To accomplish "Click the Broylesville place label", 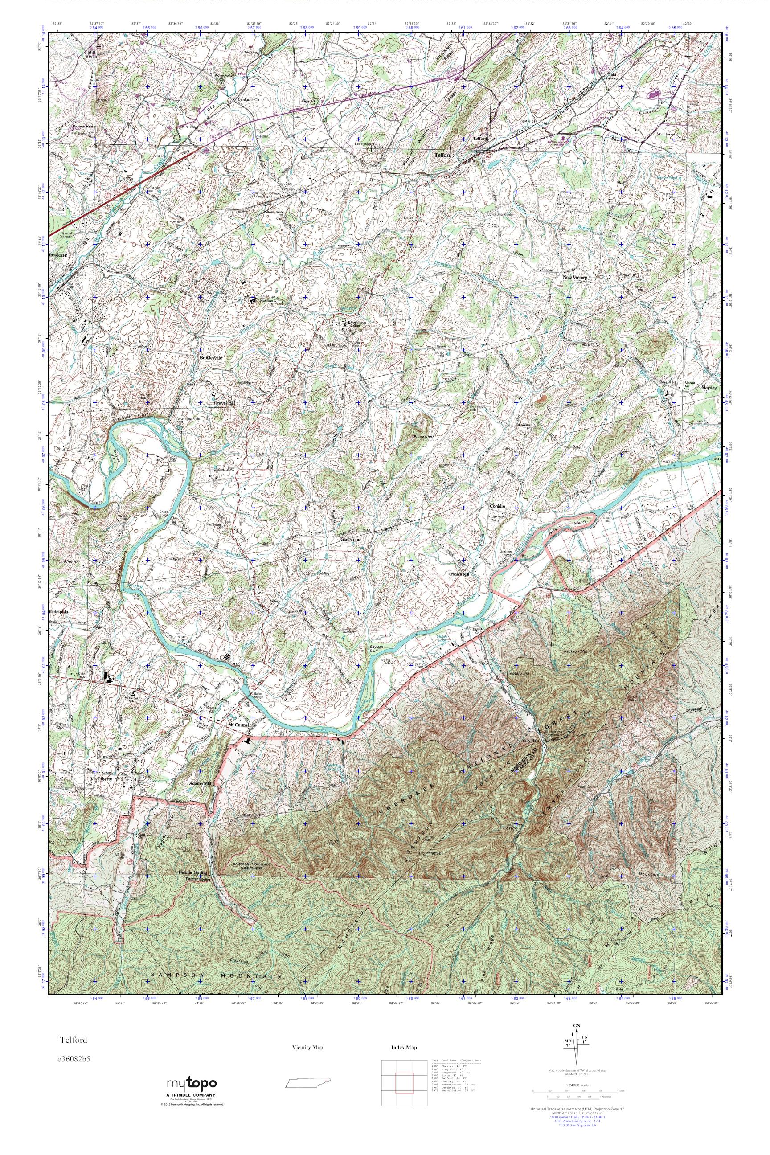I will pos(211,358).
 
